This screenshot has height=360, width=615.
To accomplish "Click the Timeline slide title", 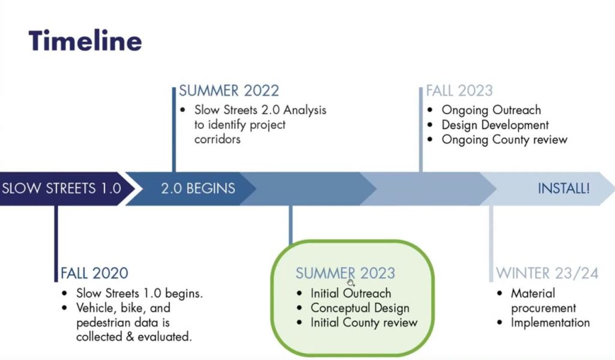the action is click(x=85, y=40).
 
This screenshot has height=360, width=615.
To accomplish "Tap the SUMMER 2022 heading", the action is click(x=229, y=91).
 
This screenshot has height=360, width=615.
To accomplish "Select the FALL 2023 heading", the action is click(x=459, y=91).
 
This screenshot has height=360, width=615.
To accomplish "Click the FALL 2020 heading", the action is click(x=94, y=273).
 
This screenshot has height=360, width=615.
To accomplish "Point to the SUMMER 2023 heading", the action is click(x=345, y=273).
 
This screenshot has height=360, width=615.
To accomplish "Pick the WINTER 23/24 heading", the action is click(x=547, y=273).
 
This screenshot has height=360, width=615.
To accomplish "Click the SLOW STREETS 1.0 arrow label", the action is click(x=62, y=189).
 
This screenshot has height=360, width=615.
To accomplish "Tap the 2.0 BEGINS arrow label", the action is click(x=198, y=189).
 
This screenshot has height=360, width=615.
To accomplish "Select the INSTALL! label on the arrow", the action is click(x=563, y=189).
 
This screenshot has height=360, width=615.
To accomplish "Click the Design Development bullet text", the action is click(x=495, y=125).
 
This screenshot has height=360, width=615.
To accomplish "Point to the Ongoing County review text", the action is click(x=504, y=140).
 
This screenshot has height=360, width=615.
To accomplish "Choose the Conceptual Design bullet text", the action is click(x=360, y=308).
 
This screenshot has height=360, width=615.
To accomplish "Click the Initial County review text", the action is click(x=364, y=323).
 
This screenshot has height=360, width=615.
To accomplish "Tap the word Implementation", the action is click(x=550, y=323).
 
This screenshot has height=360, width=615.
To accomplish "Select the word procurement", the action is click(x=544, y=308).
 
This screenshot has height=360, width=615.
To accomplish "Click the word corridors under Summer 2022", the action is click(x=217, y=139).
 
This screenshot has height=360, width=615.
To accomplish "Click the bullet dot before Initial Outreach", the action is click(x=300, y=293).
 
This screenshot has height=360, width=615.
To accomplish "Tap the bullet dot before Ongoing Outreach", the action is click(x=430, y=111).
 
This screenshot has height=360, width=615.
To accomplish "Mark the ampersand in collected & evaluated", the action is click(x=130, y=337).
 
